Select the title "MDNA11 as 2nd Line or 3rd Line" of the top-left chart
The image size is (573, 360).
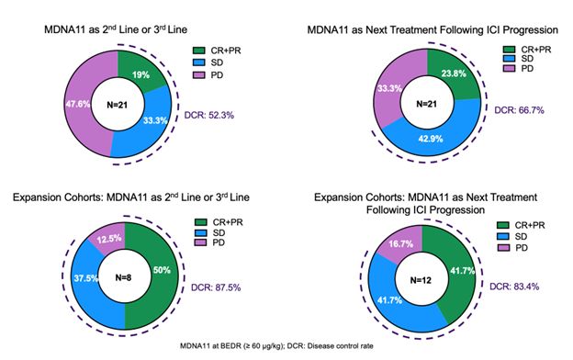pos(121,31)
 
